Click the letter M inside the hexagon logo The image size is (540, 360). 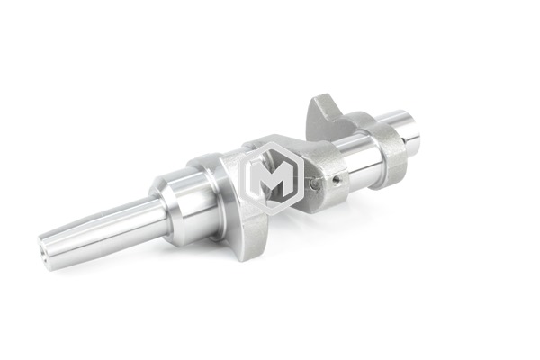click(x=269, y=179)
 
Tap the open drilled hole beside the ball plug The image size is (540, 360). click(x=335, y=179)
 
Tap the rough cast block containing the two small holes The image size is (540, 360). click(x=326, y=175)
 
